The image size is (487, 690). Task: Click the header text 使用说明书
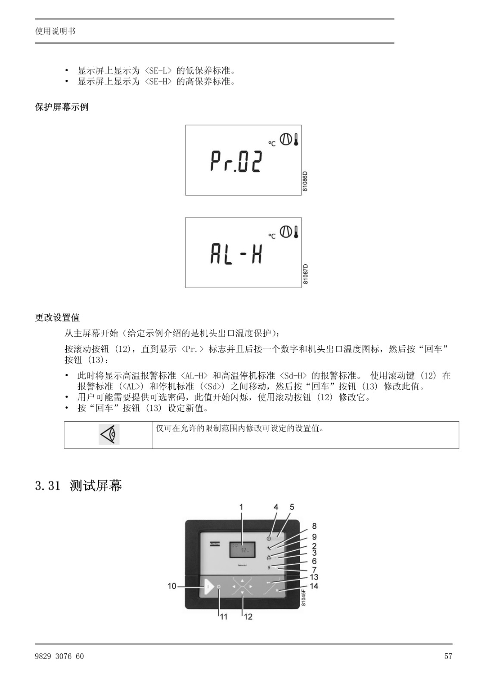pyautogui.click(x=56, y=31)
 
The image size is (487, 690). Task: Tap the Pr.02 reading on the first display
pyautogui.click(x=236, y=161)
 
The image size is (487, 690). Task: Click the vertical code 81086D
pyautogui.click(x=305, y=182)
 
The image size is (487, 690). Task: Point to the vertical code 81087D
pyautogui.click(x=305, y=274)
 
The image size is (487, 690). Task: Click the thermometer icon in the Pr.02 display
pyautogui.click(x=296, y=140)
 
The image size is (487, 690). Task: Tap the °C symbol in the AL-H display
pyautogui.click(x=272, y=236)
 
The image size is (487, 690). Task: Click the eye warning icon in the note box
pyautogui.click(x=109, y=434)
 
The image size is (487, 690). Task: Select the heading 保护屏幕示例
pyautogui.click(x=62, y=107)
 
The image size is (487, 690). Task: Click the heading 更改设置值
pyautogui.click(x=58, y=317)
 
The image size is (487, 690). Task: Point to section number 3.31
pyautogui.click(x=48, y=486)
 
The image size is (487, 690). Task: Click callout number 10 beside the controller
pyautogui.click(x=172, y=586)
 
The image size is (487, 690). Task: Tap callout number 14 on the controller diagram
pyautogui.click(x=314, y=586)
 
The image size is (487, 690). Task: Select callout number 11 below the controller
pyautogui.click(x=223, y=616)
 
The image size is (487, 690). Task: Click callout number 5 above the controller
pyautogui.click(x=292, y=507)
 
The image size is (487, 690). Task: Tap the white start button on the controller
pyautogui.click(x=208, y=586)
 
